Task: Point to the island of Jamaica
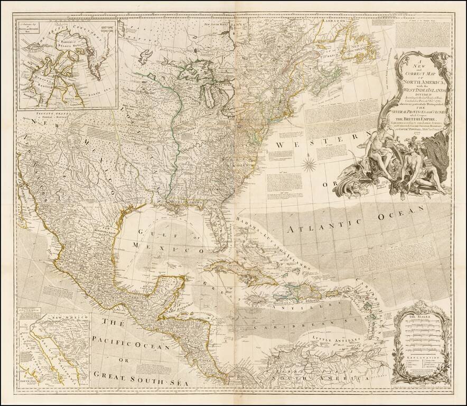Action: point(253,300)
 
